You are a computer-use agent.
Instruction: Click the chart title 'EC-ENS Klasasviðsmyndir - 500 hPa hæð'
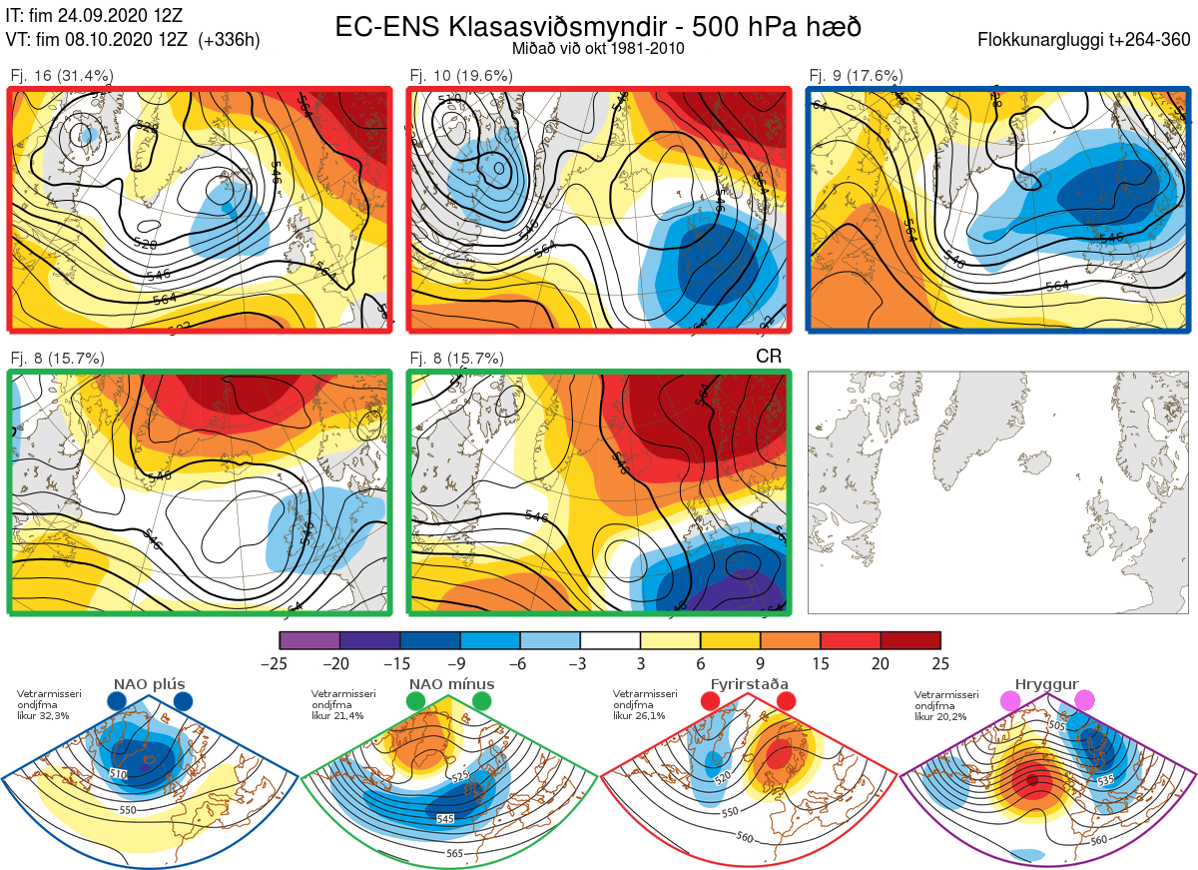(598, 26)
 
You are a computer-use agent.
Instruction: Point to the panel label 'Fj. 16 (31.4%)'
(62, 76)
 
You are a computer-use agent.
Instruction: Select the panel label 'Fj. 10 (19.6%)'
(461, 76)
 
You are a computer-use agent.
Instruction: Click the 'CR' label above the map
(769, 356)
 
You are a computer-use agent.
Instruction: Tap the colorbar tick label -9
(460, 663)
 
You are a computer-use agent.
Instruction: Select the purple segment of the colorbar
(309, 640)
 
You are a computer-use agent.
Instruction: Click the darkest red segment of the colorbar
(910, 640)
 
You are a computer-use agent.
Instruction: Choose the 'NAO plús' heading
(149, 684)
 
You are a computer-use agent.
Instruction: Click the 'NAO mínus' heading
(451, 684)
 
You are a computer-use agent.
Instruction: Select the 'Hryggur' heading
(1047, 684)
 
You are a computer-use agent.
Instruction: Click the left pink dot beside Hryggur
(1010, 702)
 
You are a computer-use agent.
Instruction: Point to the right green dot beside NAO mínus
(483, 702)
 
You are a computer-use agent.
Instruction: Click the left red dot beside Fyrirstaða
(711, 702)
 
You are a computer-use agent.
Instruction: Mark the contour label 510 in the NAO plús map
(118, 773)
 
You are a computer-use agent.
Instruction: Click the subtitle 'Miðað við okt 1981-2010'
(598, 47)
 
